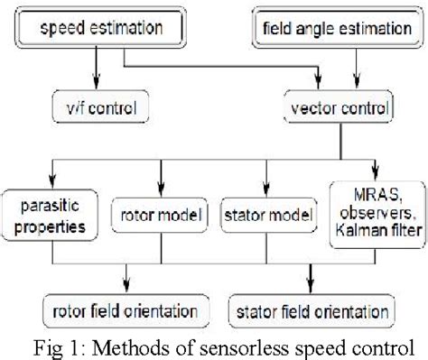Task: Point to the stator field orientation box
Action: [310, 312]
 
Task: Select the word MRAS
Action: [356, 193]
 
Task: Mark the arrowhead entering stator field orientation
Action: [311, 292]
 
